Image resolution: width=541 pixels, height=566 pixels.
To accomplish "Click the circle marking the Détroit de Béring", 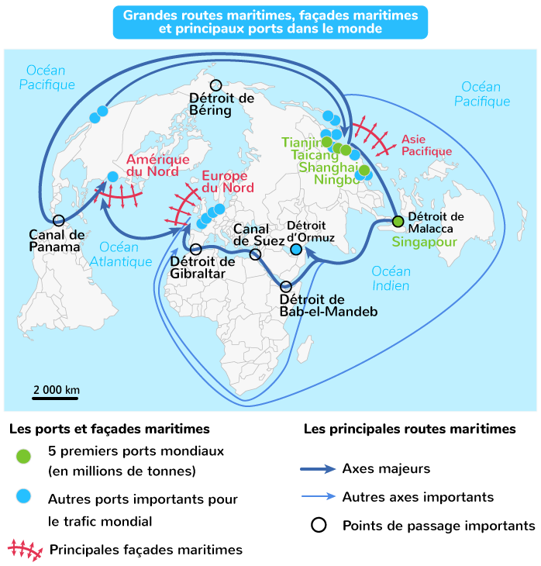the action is pyautogui.click(x=215, y=85).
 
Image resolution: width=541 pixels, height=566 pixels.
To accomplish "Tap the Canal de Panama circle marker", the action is pyautogui.click(x=58, y=220).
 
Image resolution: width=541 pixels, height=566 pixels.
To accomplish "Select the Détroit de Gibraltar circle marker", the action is pyautogui.click(x=195, y=249).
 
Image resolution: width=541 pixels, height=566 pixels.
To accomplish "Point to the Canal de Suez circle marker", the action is pyautogui.click(x=255, y=254).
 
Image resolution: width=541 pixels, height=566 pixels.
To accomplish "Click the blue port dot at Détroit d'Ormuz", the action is pyautogui.click(x=296, y=249).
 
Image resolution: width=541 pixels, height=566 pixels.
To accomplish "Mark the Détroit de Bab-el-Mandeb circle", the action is pyautogui.click(x=285, y=287).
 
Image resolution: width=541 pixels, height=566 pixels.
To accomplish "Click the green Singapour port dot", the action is pyautogui.click(x=398, y=221).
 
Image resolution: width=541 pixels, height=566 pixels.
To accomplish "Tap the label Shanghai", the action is pyautogui.click(x=329, y=167).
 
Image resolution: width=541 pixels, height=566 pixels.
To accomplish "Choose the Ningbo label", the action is pyautogui.click(x=337, y=179).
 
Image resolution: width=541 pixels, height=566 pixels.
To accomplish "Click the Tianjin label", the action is pyautogui.click(x=302, y=143).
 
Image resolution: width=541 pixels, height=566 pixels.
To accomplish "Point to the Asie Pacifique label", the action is pyautogui.click(x=426, y=145).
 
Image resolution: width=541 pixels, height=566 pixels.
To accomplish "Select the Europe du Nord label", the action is pyautogui.click(x=228, y=181).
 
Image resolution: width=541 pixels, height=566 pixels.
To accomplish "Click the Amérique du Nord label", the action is pyautogui.click(x=157, y=165).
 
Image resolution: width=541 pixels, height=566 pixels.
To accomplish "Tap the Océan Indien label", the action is pyautogui.click(x=391, y=278).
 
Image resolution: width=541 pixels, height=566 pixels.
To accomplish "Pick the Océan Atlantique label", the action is pyautogui.click(x=121, y=254).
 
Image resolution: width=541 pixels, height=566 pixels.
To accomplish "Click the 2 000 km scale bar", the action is pyautogui.click(x=55, y=399).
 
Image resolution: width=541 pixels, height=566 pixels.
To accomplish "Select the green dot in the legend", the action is pyautogui.click(x=23, y=457).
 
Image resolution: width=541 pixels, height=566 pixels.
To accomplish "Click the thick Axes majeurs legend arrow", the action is pyautogui.click(x=318, y=469).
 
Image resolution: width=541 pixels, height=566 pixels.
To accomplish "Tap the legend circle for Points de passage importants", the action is pyautogui.click(x=319, y=525).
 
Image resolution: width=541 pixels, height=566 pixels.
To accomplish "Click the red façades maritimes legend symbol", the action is pyautogui.click(x=26, y=550).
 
